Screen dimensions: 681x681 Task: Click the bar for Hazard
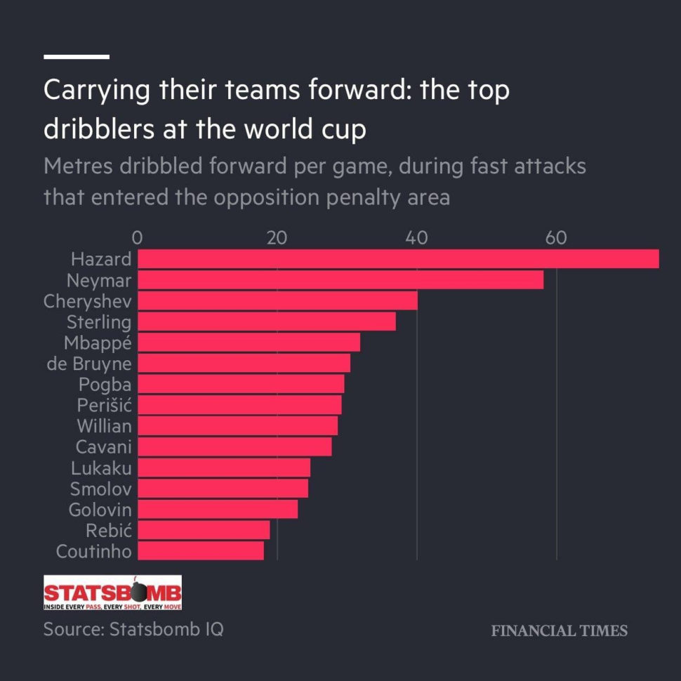tap(397, 259)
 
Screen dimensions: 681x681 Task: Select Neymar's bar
tap(340, 280)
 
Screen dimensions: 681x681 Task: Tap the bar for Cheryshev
tap(277, 301)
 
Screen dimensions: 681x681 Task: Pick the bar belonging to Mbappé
tap(249, 343)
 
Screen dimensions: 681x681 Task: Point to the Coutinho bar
tap(201, 550)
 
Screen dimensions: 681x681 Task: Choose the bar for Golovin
tap(217, 509)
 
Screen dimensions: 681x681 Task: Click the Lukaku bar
tap(223, 468)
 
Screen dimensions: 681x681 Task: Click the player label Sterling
tap(99, 322)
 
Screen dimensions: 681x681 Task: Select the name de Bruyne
tap(88, 364)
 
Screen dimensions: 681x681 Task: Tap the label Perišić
tap(105, 405)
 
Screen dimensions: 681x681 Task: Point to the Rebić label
tap(109, 530)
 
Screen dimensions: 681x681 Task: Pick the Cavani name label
tap(103, 447)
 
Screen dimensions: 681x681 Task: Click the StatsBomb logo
tap(112, 593)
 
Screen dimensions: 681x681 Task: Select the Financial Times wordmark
tap(559, 630)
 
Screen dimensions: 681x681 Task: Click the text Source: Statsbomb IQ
tap(133, 629)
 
